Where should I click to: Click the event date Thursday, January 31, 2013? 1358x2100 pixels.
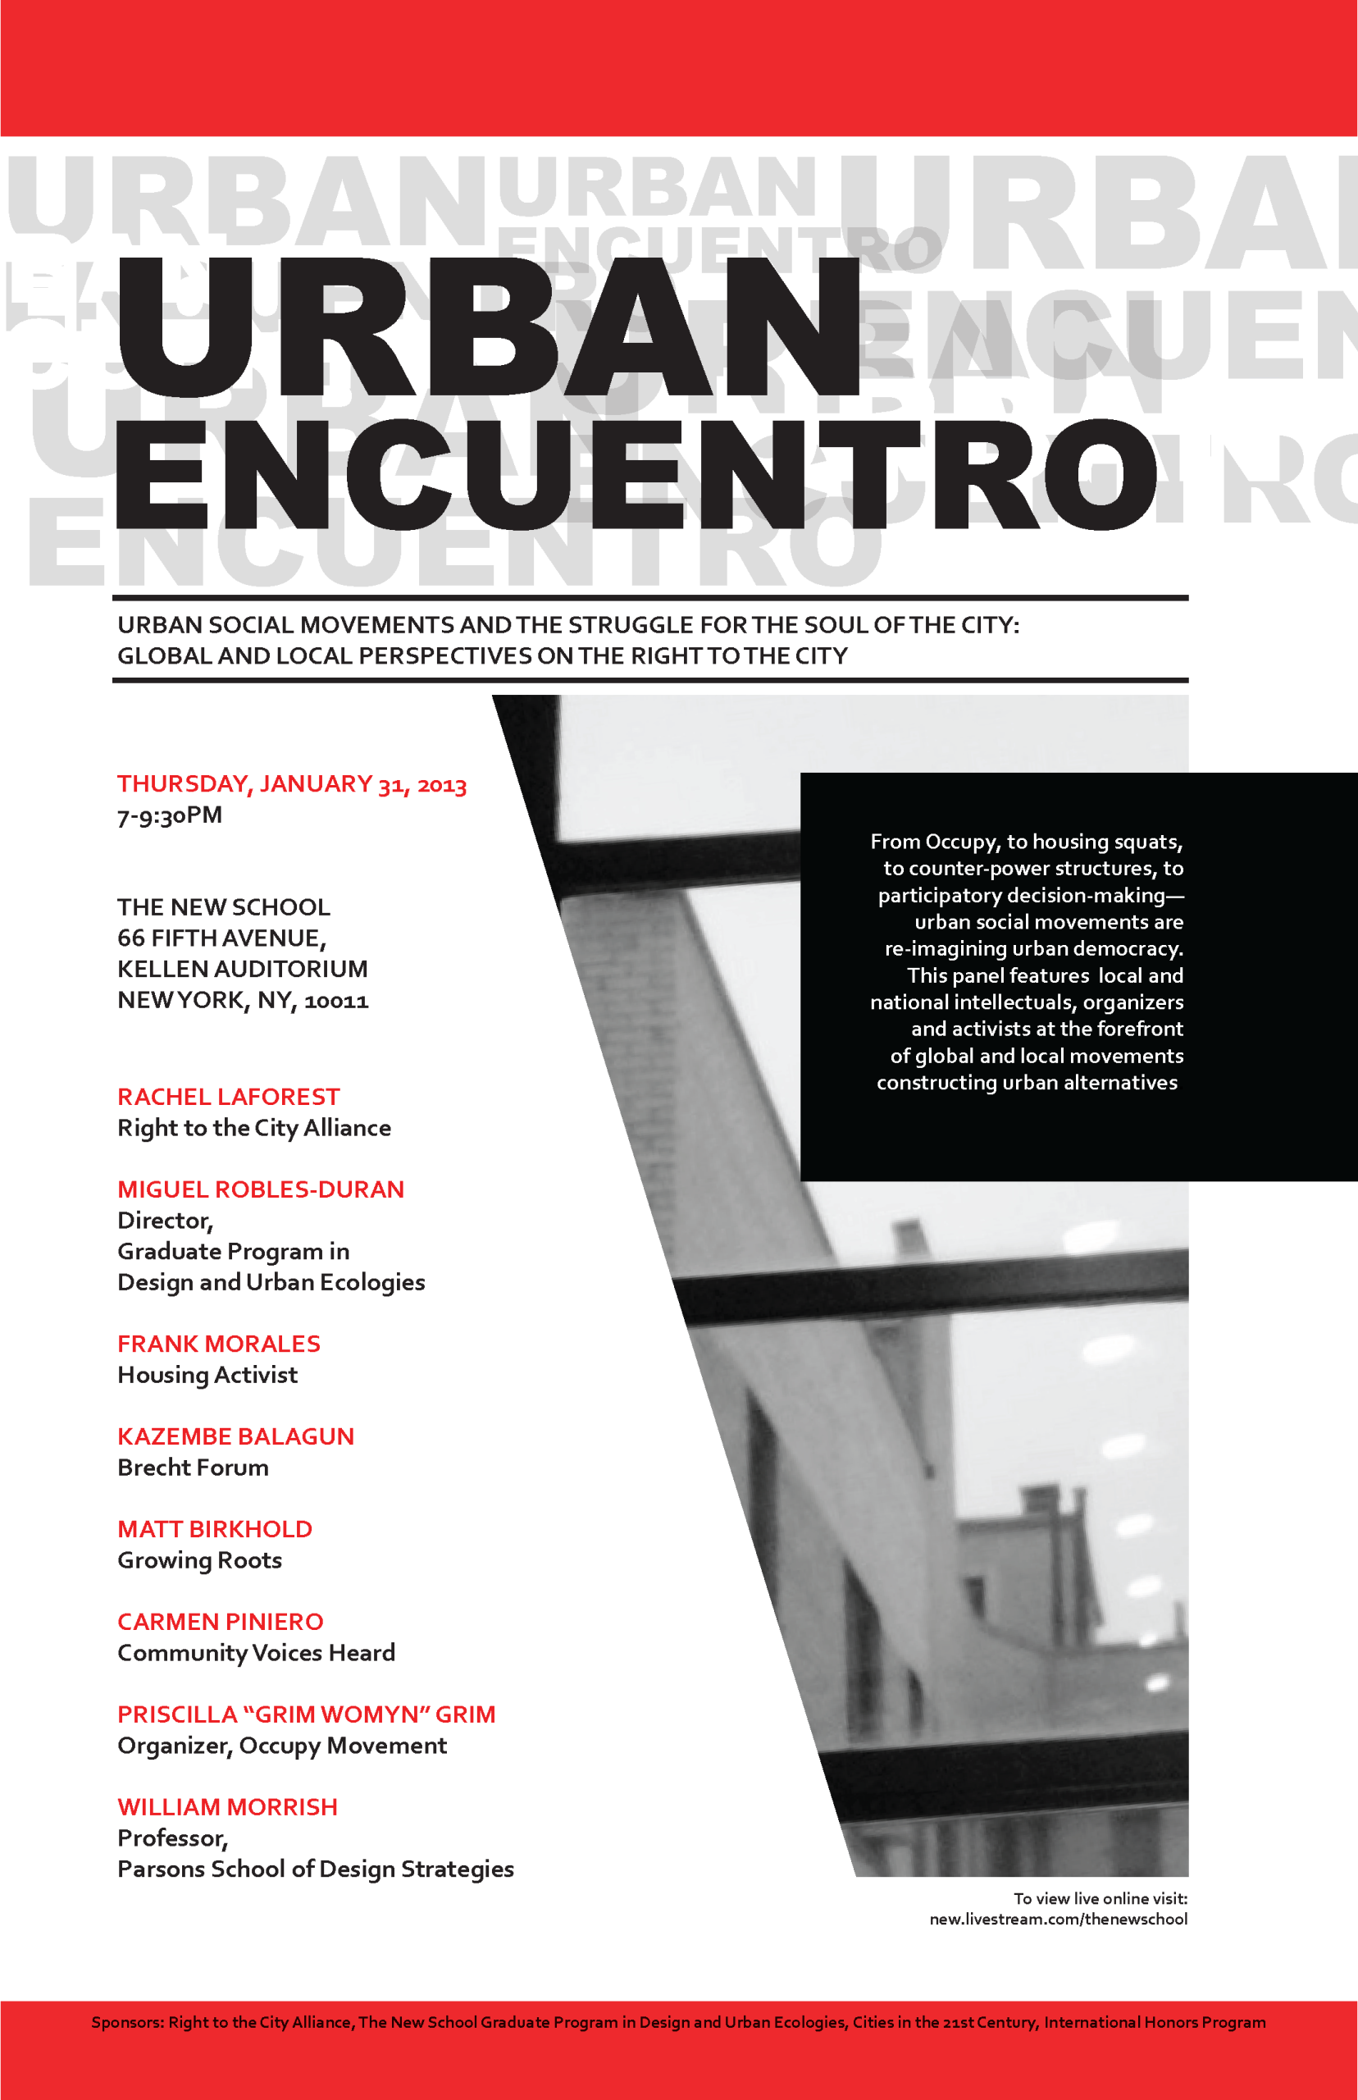click(x=292, y=784)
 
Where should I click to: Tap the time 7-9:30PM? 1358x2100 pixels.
click(x=169, y=815)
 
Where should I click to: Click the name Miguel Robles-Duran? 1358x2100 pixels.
click(x=261, y=1189)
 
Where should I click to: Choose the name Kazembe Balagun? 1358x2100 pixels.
click(x=235, y=1436)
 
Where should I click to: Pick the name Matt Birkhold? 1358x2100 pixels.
click(x=215, y=1528)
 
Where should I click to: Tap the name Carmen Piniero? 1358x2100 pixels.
click(x=221, y=1621)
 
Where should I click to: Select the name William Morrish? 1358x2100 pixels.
click(x=227, y=1806)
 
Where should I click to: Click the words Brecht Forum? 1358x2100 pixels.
click(x=193, y=1468)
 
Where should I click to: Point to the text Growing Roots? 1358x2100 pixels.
click(x=199, y=1560)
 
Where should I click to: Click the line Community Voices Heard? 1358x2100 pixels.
click(x=256, y=1653)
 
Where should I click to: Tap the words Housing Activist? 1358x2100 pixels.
click(x=207, y=1375)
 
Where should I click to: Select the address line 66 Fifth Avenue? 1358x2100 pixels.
click(x=221, y=938)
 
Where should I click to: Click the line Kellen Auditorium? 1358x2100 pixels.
click(x=243, y=969)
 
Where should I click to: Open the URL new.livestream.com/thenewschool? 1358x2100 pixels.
click(x=1058, y=1919)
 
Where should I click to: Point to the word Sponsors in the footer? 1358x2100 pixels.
click(x=127, y=2022)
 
